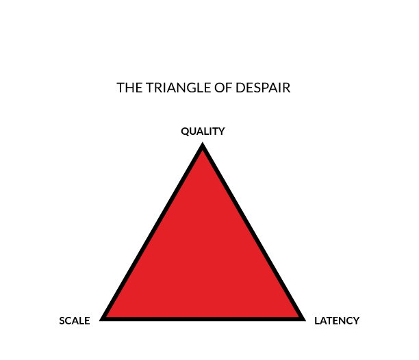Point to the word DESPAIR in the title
pos(263,88)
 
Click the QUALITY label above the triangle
pos(203,131)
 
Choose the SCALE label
pos(75,321)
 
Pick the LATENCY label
pos(337,321)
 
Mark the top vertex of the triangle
pos(203,143)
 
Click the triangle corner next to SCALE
pos(100,320)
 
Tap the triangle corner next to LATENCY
pos(305,320)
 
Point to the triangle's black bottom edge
pos(203,319)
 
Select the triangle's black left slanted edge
pos(152,231)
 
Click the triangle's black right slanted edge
pos(253,231)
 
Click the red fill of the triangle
pos(203,254)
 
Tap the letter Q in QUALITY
pos(185,131)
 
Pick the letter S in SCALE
pos(62,321)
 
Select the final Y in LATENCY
pos(357,321)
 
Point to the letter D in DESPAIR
pos(240,88)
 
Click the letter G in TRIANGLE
pos(192,88)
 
